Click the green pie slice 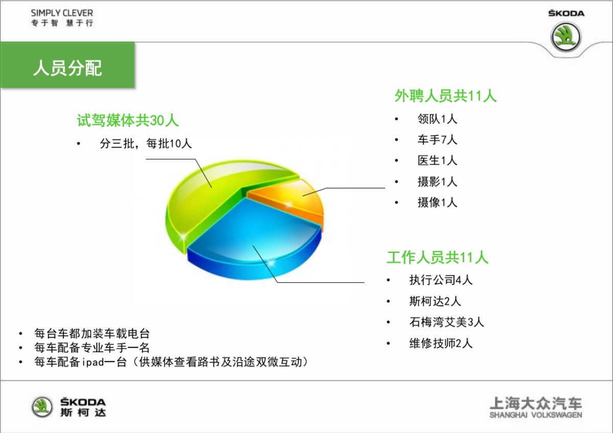tap(215, 194)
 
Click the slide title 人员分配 tap(67, 68)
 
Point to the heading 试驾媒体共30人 tap(128, 121)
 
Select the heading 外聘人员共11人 tap(445, 95)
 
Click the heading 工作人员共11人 tap(437, 257)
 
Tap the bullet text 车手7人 tap(437, 139)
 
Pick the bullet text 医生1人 tap(437, 160)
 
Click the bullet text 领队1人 tap(437, 119)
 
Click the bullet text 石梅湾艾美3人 tap(446, 322)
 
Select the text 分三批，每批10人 tap(146, 144)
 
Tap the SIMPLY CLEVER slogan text tap(62, 13)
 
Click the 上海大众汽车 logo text tap(535, 403)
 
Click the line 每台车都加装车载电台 tap(92, 334)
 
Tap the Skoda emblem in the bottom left tap(42, 407)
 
